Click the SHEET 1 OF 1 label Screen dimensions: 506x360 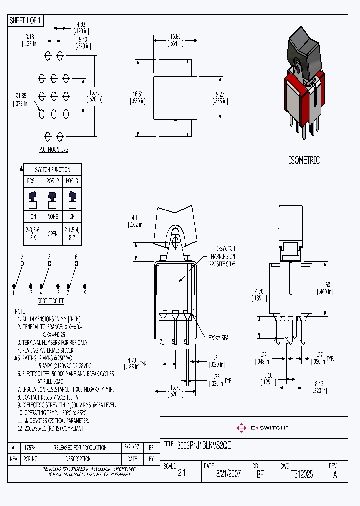point(26,20)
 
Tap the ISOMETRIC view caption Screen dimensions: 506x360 point(304,160)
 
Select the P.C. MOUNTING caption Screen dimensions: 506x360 point(53,149)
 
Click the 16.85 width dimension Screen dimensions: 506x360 point(175,36)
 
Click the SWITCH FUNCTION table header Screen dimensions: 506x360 point(53,170)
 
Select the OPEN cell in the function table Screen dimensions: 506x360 point(53,233)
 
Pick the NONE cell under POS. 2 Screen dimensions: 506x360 point(53,216)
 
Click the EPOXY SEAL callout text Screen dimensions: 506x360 point(219,338)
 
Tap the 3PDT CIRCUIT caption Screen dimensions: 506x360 point(50,302)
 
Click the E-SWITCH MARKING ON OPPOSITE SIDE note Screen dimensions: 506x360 point(225,256)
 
